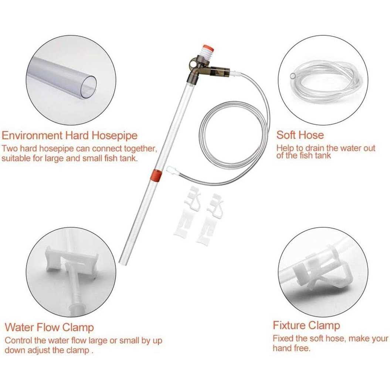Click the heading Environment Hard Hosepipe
click(69, 136)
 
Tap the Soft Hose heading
click(300, 135)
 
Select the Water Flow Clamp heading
click(49, 327)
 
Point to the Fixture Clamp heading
click(306, 325)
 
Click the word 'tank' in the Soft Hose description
click(323, 156)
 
